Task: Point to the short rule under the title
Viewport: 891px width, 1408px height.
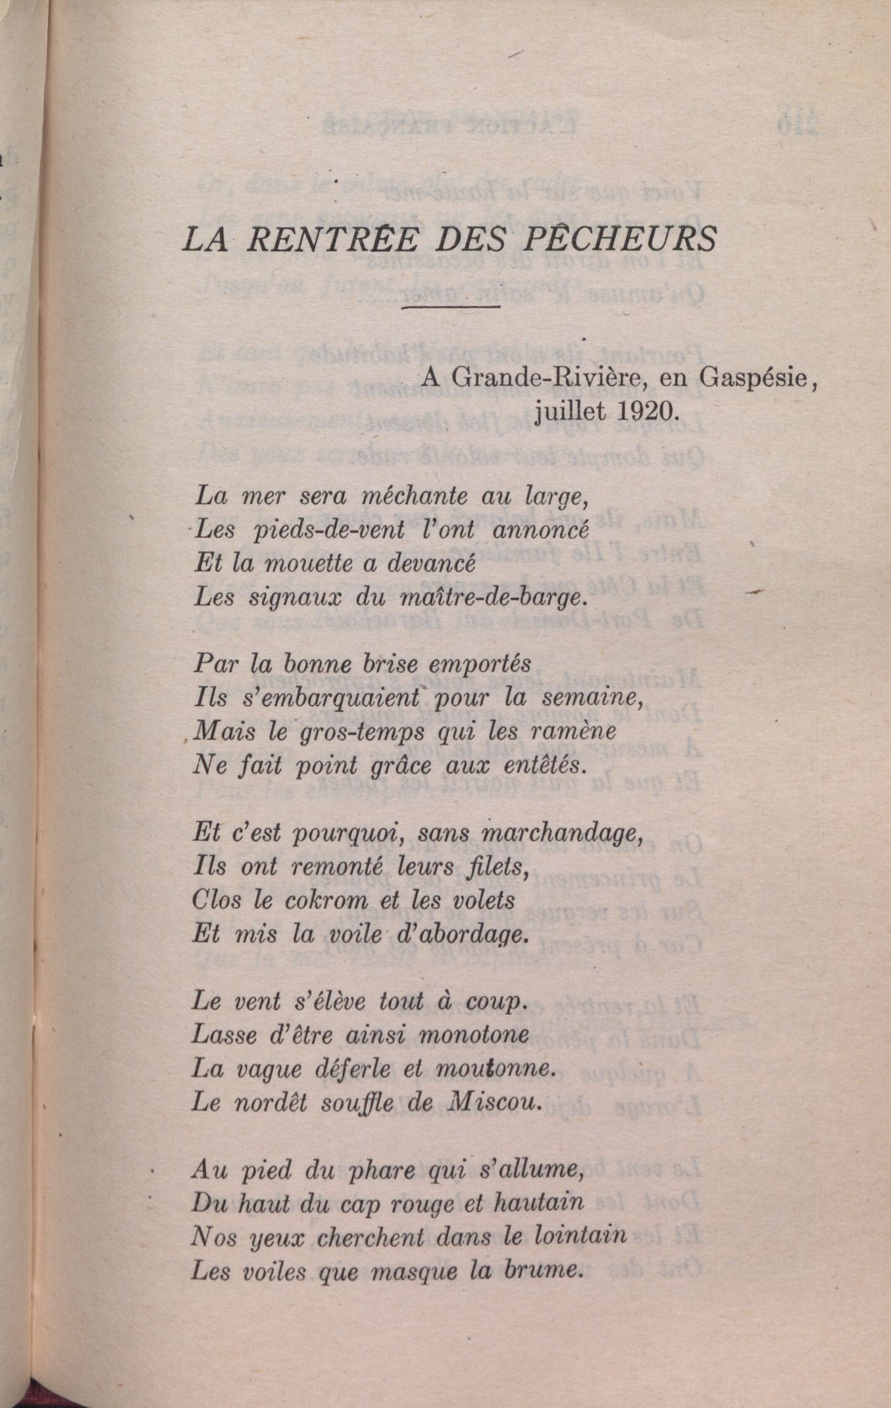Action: pos(450,306)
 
